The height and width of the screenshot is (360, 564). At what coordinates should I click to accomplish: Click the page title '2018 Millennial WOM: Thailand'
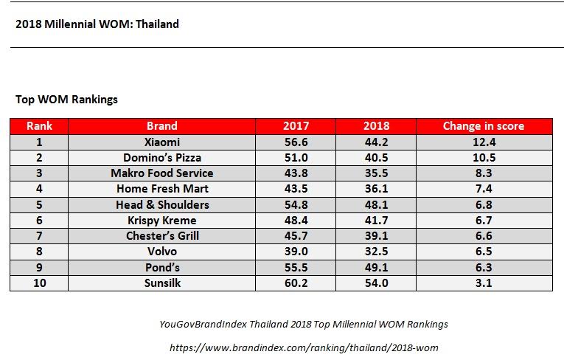point(97,24)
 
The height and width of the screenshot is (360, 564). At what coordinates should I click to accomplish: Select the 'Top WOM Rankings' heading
point(66,99)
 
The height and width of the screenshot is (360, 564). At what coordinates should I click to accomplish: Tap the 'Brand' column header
point(161,126)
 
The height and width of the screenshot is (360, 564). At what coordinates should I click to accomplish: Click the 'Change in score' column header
point(483,126)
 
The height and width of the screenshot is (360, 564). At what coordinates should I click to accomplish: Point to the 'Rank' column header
point(39,126)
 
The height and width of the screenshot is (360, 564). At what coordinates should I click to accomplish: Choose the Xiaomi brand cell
point(161,142)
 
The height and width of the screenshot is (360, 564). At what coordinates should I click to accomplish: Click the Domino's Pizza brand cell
point(161,157)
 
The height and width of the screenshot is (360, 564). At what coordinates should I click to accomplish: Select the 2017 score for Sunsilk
point(296,283)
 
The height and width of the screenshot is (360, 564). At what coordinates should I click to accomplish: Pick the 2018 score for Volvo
point(376,252)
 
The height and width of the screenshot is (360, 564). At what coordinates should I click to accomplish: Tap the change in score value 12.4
point(483,142)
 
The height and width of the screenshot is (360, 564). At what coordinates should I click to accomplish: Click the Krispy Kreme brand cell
point(161,220)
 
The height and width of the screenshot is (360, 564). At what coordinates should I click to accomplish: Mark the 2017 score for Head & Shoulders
point(296,204)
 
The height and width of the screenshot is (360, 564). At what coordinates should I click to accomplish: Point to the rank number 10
point(39,283)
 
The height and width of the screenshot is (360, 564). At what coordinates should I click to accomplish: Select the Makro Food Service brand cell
point(161,173)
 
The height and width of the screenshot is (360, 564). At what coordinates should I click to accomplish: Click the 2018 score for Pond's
point(376,267)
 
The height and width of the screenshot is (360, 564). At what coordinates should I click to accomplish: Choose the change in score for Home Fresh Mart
point(483,189)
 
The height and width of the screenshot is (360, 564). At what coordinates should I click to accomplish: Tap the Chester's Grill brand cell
point(161,236)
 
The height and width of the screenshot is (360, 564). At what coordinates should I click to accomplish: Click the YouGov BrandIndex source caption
point(303,324)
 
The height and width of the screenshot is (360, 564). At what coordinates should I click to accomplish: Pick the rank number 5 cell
point(39,204)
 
